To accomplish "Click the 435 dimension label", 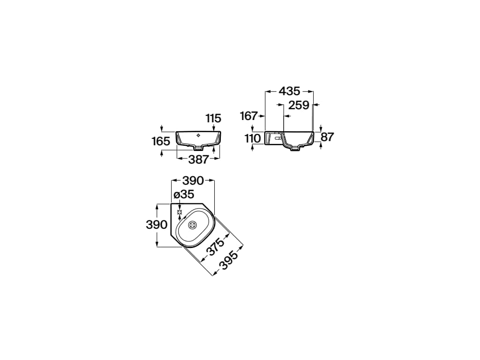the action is point(289,91).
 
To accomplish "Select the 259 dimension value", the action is point(299,105).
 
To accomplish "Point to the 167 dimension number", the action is point(248,116).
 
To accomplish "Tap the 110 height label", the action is point(253,139).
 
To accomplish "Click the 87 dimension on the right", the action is point(327,137).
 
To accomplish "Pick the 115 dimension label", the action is point(213,118).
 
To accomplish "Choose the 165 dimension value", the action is point(161,142).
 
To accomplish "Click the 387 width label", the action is point(198,159).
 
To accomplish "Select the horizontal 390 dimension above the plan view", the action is point(193,180).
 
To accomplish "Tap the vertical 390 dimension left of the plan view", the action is point(157,225).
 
